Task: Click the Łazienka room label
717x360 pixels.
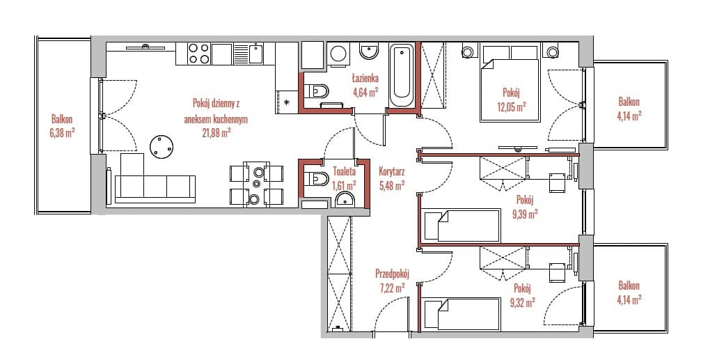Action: coord(365,78)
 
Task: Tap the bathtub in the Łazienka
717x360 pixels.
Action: coord(402,76)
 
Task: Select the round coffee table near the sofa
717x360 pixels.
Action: coord(161,148)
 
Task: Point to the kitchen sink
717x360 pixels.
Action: coord(255,53)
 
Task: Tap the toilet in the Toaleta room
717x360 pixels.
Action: coord(316,178)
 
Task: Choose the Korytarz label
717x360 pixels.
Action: coord(391,173)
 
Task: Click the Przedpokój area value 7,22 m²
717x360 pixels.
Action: coord(392,288)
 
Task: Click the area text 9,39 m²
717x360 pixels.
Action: coord(524,214)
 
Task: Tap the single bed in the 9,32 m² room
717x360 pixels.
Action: coord(461,314)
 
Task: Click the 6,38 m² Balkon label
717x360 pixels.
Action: coord(62,134)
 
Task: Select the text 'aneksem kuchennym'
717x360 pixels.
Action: coord(215,119)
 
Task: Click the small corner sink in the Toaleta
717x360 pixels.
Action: coord(345,199)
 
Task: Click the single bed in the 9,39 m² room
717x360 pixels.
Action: coord(461,226)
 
